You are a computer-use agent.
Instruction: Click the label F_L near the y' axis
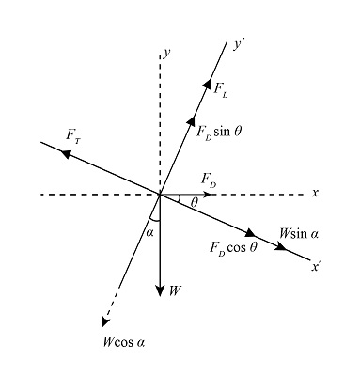(220, 89)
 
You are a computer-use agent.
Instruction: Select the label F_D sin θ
(219, 132)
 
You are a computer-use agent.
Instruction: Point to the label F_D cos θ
(233, 249)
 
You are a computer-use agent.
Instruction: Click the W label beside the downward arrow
(175, 290)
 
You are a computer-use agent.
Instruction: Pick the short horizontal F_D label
(209, 180)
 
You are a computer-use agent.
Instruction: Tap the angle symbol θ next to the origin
(195, 201)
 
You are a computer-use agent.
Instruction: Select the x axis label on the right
(316, 193)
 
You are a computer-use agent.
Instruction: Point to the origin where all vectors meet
(162, 195)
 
